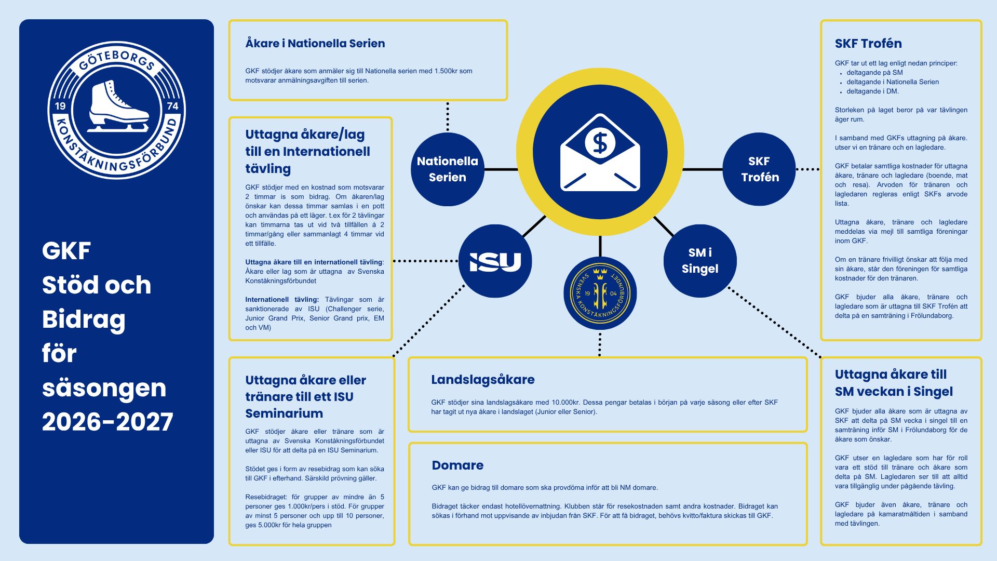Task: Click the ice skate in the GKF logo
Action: coord(118,106)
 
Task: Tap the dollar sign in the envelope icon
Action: coord(600,143)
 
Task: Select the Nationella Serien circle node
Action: coord(448,169)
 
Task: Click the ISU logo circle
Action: coord(495,261)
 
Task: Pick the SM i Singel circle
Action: coord(700,261)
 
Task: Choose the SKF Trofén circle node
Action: coord(759,169)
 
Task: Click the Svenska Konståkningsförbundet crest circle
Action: coord(600,293)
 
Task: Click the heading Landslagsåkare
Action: coord(483,380)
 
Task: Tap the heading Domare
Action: coord(457,465)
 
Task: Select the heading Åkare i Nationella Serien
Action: coord(315,43)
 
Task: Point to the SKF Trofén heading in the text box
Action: coord(868,44)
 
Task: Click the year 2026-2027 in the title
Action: coord(107,422)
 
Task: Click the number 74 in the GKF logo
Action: coord(172,106)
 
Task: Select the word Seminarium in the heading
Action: coord(284,413)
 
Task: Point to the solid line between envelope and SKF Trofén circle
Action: coord(703,169)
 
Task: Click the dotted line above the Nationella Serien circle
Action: coord(448,117)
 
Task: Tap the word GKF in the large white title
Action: coord(66,251)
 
